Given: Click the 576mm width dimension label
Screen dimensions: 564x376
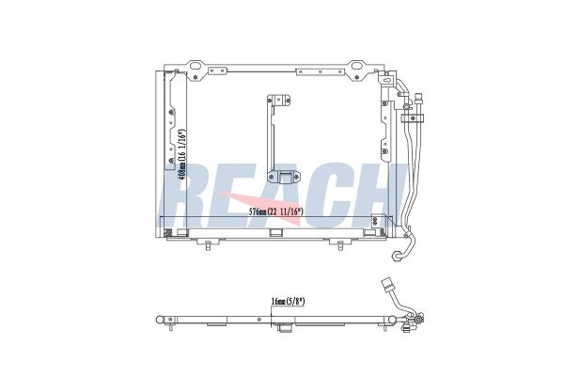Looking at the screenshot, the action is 276,211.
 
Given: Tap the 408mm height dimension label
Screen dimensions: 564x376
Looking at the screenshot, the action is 182,154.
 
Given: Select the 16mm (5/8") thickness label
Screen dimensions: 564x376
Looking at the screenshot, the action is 288,301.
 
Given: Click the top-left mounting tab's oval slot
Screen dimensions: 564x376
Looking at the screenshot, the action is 196,66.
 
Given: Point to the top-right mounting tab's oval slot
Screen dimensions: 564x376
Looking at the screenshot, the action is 356,66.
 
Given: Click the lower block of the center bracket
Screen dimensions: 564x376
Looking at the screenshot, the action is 284,177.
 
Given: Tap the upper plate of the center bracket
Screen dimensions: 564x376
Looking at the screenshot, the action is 279,100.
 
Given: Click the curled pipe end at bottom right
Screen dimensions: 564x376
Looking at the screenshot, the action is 398,255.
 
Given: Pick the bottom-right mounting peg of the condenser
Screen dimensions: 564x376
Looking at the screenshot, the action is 340,244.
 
